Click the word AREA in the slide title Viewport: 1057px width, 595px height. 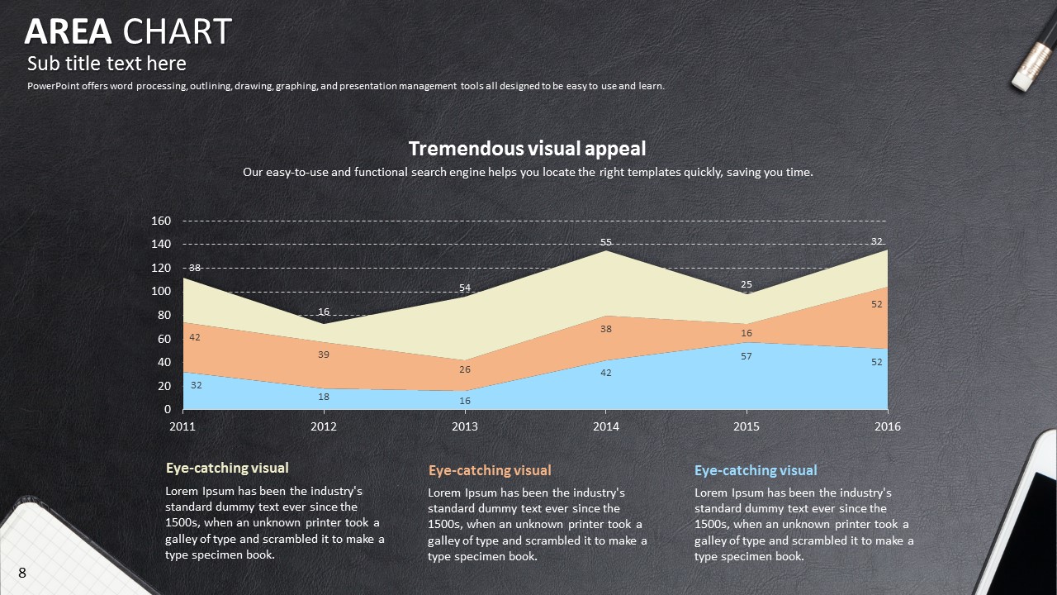(68, 32)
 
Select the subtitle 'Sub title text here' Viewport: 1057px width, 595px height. (107, 64)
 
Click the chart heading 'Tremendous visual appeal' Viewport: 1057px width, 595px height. (527, 149)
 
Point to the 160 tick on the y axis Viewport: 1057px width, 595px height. (161, 221)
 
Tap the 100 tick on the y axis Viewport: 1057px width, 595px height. (161, 292)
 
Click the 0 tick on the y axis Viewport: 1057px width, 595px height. (168, 409)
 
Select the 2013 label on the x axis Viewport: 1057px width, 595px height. (465, 426)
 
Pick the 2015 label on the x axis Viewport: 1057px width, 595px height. (747, 426)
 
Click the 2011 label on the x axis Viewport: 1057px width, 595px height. (182, 426)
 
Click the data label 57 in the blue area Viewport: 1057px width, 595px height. (747, 356)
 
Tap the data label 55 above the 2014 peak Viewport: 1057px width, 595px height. (606, 242)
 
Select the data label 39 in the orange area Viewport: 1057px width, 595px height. (324, 355)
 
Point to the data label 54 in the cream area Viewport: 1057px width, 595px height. (465, 288)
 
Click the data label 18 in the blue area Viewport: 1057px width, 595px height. (324, 397)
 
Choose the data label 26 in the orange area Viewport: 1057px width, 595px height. (465, 369)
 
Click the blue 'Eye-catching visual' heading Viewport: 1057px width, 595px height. (756, 470)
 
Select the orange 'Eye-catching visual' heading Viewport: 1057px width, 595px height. (490, 470)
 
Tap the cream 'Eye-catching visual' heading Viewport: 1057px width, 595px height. (227, 468)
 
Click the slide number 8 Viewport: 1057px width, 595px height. (22, 573)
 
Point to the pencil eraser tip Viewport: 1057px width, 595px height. (1024, 79)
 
